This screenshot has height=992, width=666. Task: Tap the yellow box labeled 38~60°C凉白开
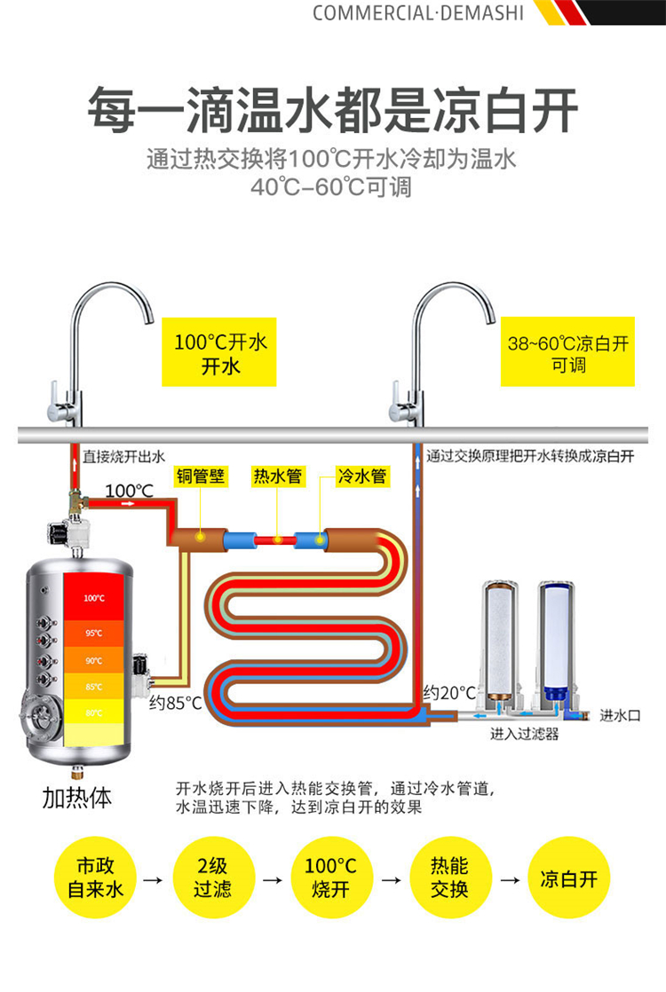point(568,352)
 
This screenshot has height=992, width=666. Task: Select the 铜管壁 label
point(200,476)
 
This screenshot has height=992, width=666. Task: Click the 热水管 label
point(277,476)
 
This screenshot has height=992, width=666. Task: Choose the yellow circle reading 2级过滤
point(212,877)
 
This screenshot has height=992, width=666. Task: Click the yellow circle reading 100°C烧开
point(330,877)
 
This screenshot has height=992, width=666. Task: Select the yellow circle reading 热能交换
point(448,877)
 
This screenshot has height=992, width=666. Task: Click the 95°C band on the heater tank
point(93,633)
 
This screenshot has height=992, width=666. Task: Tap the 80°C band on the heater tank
point(93,713)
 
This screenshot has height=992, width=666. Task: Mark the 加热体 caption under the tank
point(77,797)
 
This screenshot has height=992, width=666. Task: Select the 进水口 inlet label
point(619,714)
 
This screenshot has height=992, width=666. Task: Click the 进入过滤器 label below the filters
point(524,735)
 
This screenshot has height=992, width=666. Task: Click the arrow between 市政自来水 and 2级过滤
point(153,880)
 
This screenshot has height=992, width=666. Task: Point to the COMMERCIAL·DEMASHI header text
point(418,12)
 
